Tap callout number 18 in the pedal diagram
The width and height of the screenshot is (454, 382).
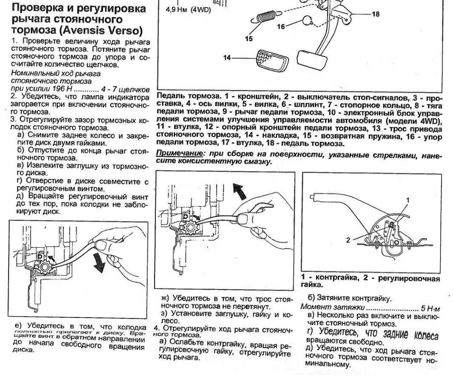click(x=375, y=14)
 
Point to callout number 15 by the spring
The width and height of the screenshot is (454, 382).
click(x=249, y=39)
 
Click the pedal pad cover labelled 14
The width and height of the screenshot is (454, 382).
click(x=270, y=60)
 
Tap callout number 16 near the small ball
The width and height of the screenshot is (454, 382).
click(x=281, y=26)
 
